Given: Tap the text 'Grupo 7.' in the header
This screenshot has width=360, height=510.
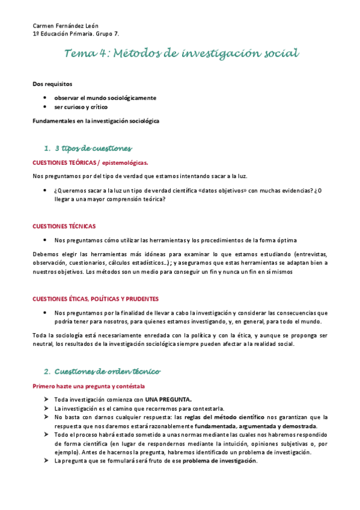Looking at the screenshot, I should tap(122, 34).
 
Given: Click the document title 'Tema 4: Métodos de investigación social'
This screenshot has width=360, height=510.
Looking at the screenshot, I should tap(182, 54).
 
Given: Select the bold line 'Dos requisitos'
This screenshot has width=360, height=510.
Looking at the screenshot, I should tap(52, 84).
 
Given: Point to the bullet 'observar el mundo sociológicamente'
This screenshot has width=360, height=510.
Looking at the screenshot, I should tap(105, 97).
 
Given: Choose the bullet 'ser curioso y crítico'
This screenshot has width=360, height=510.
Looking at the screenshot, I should tap(81, 107).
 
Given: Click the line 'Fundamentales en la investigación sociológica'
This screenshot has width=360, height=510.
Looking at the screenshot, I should tap(96, 121).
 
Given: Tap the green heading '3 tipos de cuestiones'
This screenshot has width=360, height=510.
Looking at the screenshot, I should tap(93, 148).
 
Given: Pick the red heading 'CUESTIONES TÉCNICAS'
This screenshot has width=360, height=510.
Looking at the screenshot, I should tap(64, 226).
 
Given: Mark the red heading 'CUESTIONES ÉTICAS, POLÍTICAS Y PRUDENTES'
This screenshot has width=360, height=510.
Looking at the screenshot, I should tap(96, 299).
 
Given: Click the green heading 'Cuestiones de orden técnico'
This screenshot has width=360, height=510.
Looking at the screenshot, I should tap(107, 371).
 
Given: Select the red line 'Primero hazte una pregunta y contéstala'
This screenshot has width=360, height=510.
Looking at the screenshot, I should tap(88, 386).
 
